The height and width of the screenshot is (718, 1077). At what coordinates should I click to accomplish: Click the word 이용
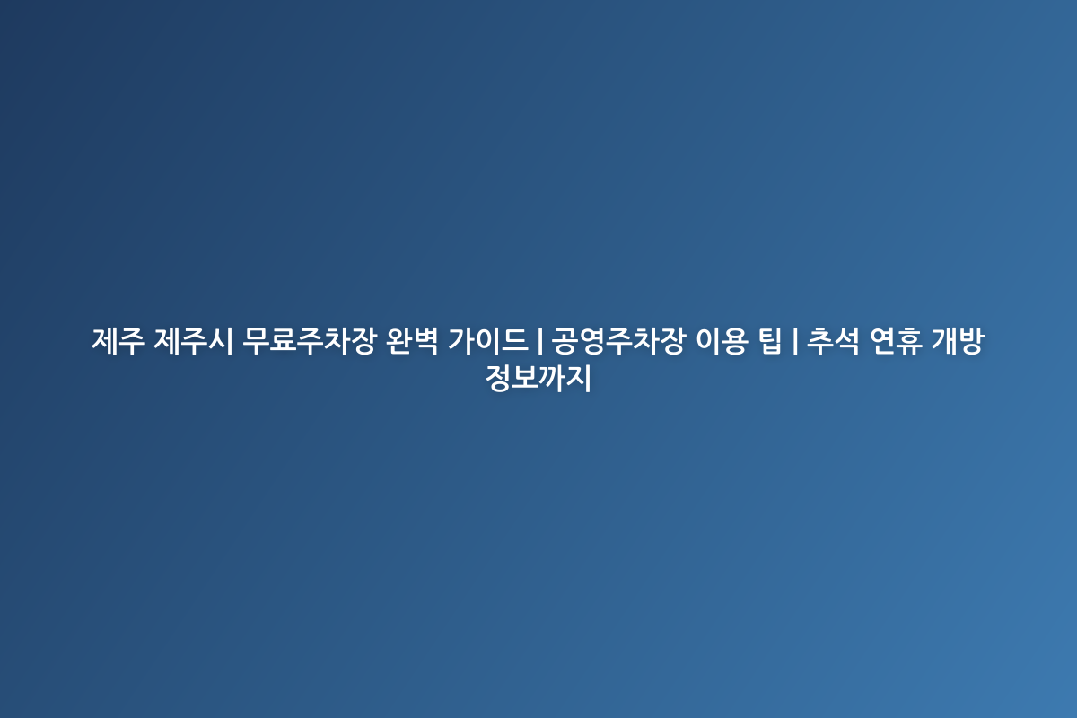(722, 342)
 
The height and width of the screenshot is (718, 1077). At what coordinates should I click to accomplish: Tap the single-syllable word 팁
(771, 342)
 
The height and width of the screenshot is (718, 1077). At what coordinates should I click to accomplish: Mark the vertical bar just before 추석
(794, 342)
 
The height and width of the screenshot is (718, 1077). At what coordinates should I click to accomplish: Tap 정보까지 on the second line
(538, 380)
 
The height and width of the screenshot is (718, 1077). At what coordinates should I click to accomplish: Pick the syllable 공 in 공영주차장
(565, 342)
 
